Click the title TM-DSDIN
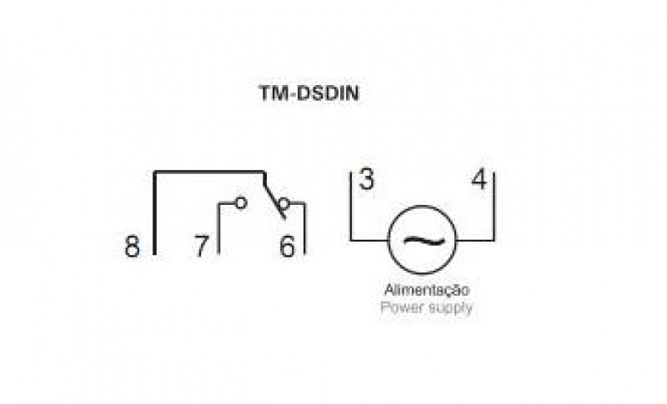(308, 93)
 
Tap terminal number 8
(133, 247)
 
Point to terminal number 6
(287, 247)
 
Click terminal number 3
(366, 180)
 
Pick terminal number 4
(478, 180)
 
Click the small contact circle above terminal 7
(241, 202)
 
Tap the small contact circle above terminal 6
(283, 203)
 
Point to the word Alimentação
(427, 291)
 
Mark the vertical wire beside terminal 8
(155, 212)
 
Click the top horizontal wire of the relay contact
(208, 172)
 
